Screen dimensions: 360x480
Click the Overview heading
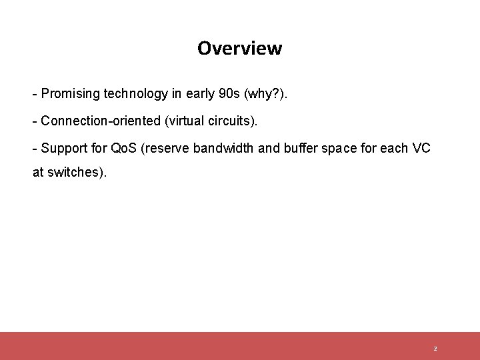click(x=239, y=49)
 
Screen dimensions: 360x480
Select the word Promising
click(x=70, y=94)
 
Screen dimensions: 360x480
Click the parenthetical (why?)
click(x=267, y=94)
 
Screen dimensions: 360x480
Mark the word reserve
click(x=166, y=148)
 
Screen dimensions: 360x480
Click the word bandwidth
click(x=222, y=148)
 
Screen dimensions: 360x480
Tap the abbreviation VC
click(x=421, y=148)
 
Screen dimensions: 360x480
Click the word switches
click(x=75, y=172)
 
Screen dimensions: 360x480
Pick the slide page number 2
click(x=435, y=349)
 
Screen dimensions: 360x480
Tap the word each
click(x=393, y=148)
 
